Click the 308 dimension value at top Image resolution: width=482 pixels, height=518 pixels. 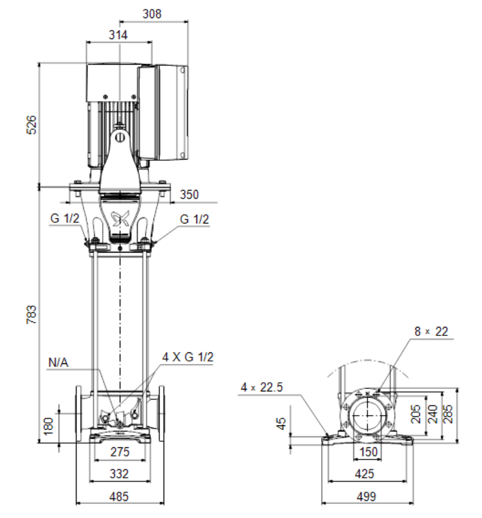coord(152,14)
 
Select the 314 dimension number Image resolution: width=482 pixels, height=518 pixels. coord(118,35)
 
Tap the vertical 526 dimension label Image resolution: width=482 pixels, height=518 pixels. coord(32,125)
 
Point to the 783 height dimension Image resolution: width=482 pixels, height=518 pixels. coord(32,315)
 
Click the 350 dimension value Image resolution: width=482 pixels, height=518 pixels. coord(189,195)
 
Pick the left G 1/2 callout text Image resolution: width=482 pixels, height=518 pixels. coord(65,219)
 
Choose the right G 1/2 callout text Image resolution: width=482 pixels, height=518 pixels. coord(194,219)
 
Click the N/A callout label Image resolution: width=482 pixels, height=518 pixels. coord(58,362)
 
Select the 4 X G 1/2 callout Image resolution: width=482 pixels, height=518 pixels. coord(187,357)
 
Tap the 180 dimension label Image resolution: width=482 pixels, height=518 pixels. coord(48,427)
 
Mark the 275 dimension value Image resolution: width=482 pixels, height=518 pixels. coord(120,452)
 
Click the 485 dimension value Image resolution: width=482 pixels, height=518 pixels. coord(119,497)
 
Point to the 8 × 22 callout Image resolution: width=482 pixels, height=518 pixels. coord(431,331)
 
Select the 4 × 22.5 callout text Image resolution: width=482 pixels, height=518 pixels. coord(262,387)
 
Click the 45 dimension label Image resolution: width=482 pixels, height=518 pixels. coord(281,423)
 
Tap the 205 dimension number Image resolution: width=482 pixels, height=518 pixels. coord(416,414)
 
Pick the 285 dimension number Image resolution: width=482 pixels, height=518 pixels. coord(448,414)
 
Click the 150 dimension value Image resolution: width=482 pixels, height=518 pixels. coord(368,452)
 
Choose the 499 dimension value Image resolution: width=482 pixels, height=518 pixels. coord(366,497)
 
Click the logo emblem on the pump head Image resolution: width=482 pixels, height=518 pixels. coord(120,219)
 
